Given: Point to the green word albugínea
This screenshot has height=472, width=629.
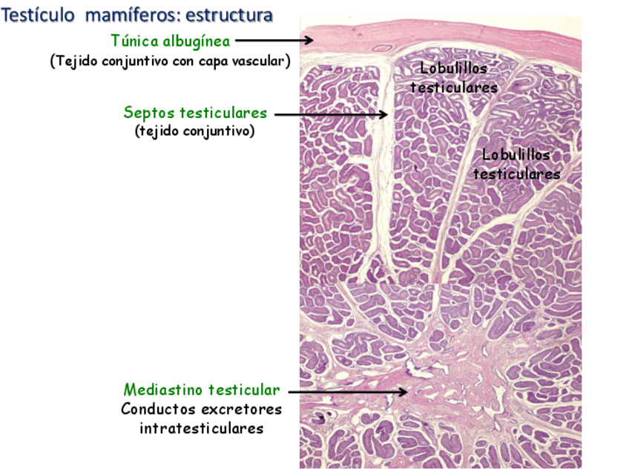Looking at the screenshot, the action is [x=196, y=41].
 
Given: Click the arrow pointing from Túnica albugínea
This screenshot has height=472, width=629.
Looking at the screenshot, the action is [x=275, y=41].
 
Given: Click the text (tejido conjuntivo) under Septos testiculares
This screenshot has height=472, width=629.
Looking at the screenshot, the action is [x=195, y=131].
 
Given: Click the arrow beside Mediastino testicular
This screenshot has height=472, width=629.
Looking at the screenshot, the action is [x=347, y=391].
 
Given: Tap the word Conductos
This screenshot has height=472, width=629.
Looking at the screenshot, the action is [x=157, y=409].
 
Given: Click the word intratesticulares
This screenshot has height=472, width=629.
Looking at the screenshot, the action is [x=201, y=428].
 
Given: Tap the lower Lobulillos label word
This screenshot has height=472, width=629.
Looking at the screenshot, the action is [x=516, y=155].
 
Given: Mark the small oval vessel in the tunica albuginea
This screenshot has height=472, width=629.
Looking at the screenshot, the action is [x=382, y=49].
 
